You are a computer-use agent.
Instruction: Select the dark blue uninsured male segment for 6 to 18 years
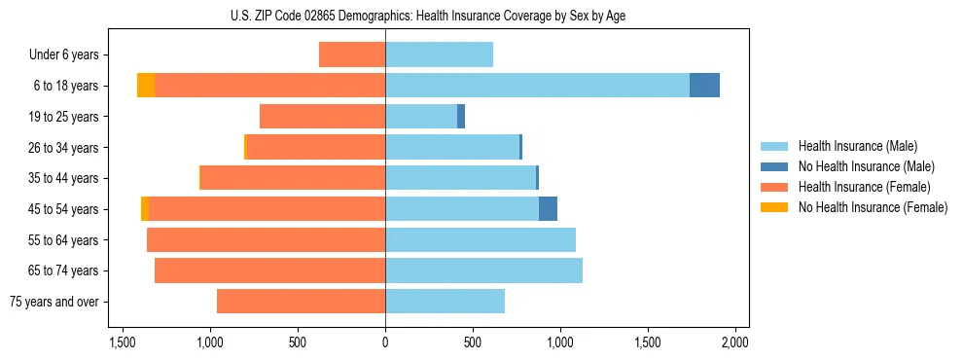(x=704, y=86)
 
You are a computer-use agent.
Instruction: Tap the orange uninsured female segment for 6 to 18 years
(x=146, y=86)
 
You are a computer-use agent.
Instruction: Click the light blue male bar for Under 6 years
(x=439, y=54)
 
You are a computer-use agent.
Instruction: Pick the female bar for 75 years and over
(x=301, y=302)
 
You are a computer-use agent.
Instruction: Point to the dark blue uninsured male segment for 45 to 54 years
(x=548, y=209)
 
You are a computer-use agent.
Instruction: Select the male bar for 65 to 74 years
(x=483, y=270)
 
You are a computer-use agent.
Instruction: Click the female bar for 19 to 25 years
(x=322, y=117)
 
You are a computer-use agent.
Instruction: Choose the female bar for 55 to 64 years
(x=266, y=240)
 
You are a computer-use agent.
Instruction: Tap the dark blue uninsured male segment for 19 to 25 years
(x=461, y=117)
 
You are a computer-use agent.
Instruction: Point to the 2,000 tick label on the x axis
(x=734, y=342)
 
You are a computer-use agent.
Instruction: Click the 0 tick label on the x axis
(x=385, y=342)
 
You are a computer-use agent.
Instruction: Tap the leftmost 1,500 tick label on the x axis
(x=123, y=342)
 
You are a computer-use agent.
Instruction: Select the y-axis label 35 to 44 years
(x=64, y=178)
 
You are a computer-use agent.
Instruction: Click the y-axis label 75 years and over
(x=54, y=302)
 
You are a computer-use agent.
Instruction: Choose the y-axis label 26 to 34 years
(x=64, y=148)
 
